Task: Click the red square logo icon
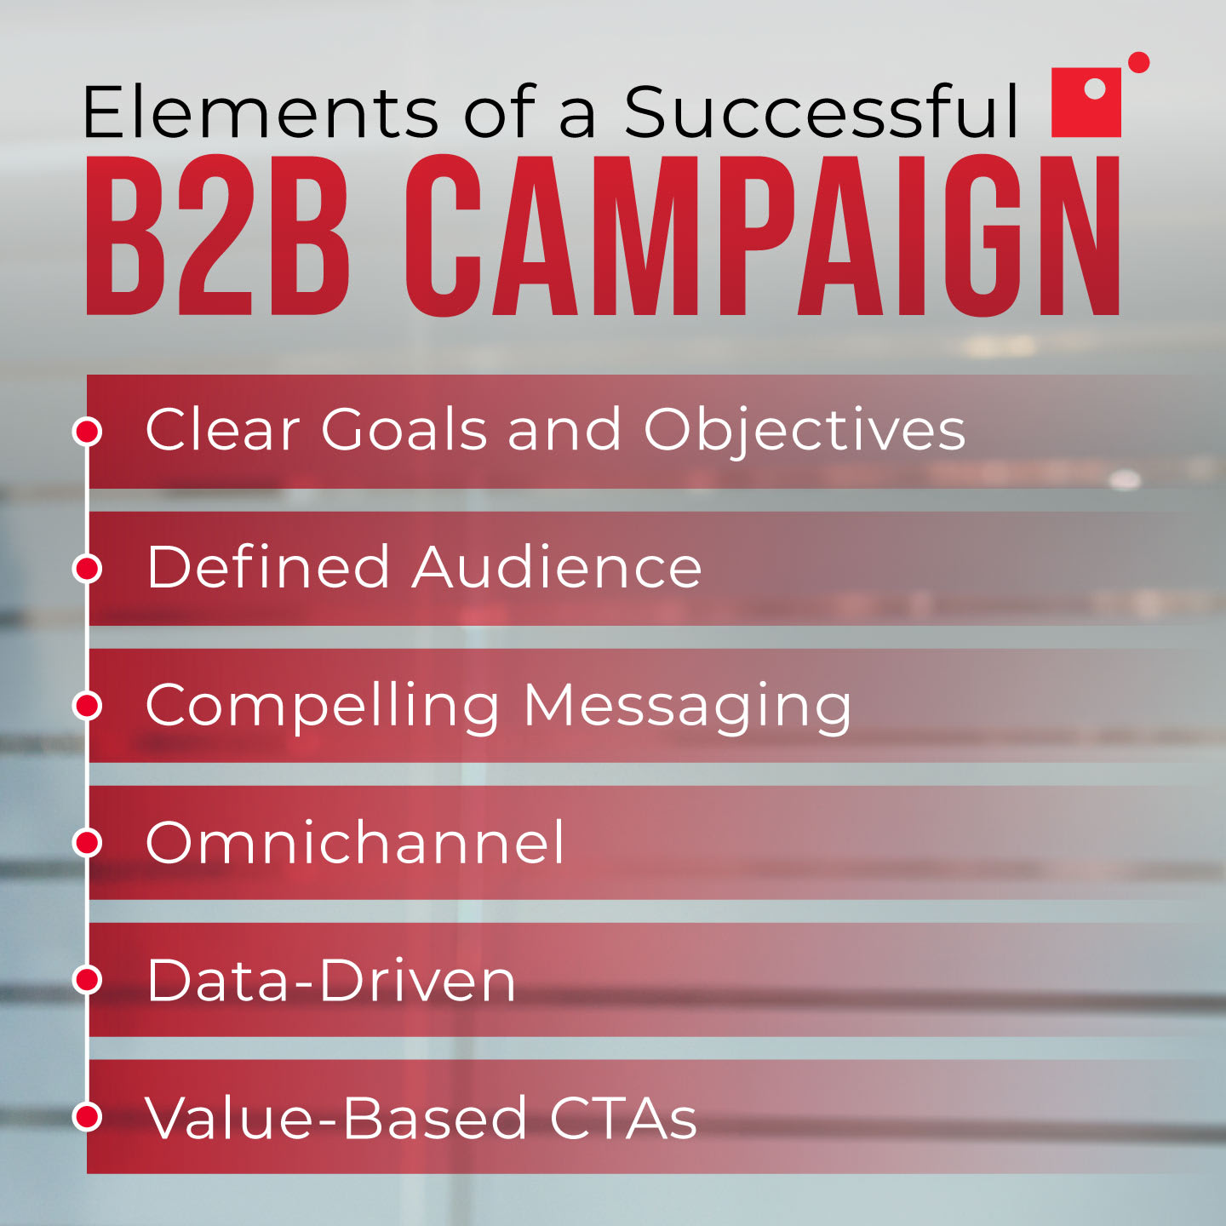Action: [1086, 102]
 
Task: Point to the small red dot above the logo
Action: [1138, 62]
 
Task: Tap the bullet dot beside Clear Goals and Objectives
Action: [87, 431]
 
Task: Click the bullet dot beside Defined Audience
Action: [87, 568]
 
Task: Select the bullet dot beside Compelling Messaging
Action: [87, 705]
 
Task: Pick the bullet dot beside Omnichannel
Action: [87, 843]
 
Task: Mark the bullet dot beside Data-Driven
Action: [87, 980]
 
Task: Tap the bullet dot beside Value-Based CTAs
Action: [87, 1117]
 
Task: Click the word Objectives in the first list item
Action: [805, 430]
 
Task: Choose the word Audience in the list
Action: [557, 567]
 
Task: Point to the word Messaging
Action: [687, 707]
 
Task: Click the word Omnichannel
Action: [355, 843]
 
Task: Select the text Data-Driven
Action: [331, 981]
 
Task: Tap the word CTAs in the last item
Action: [623, 1118]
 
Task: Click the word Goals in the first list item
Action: [404, 429]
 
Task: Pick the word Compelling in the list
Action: [323, 707]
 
